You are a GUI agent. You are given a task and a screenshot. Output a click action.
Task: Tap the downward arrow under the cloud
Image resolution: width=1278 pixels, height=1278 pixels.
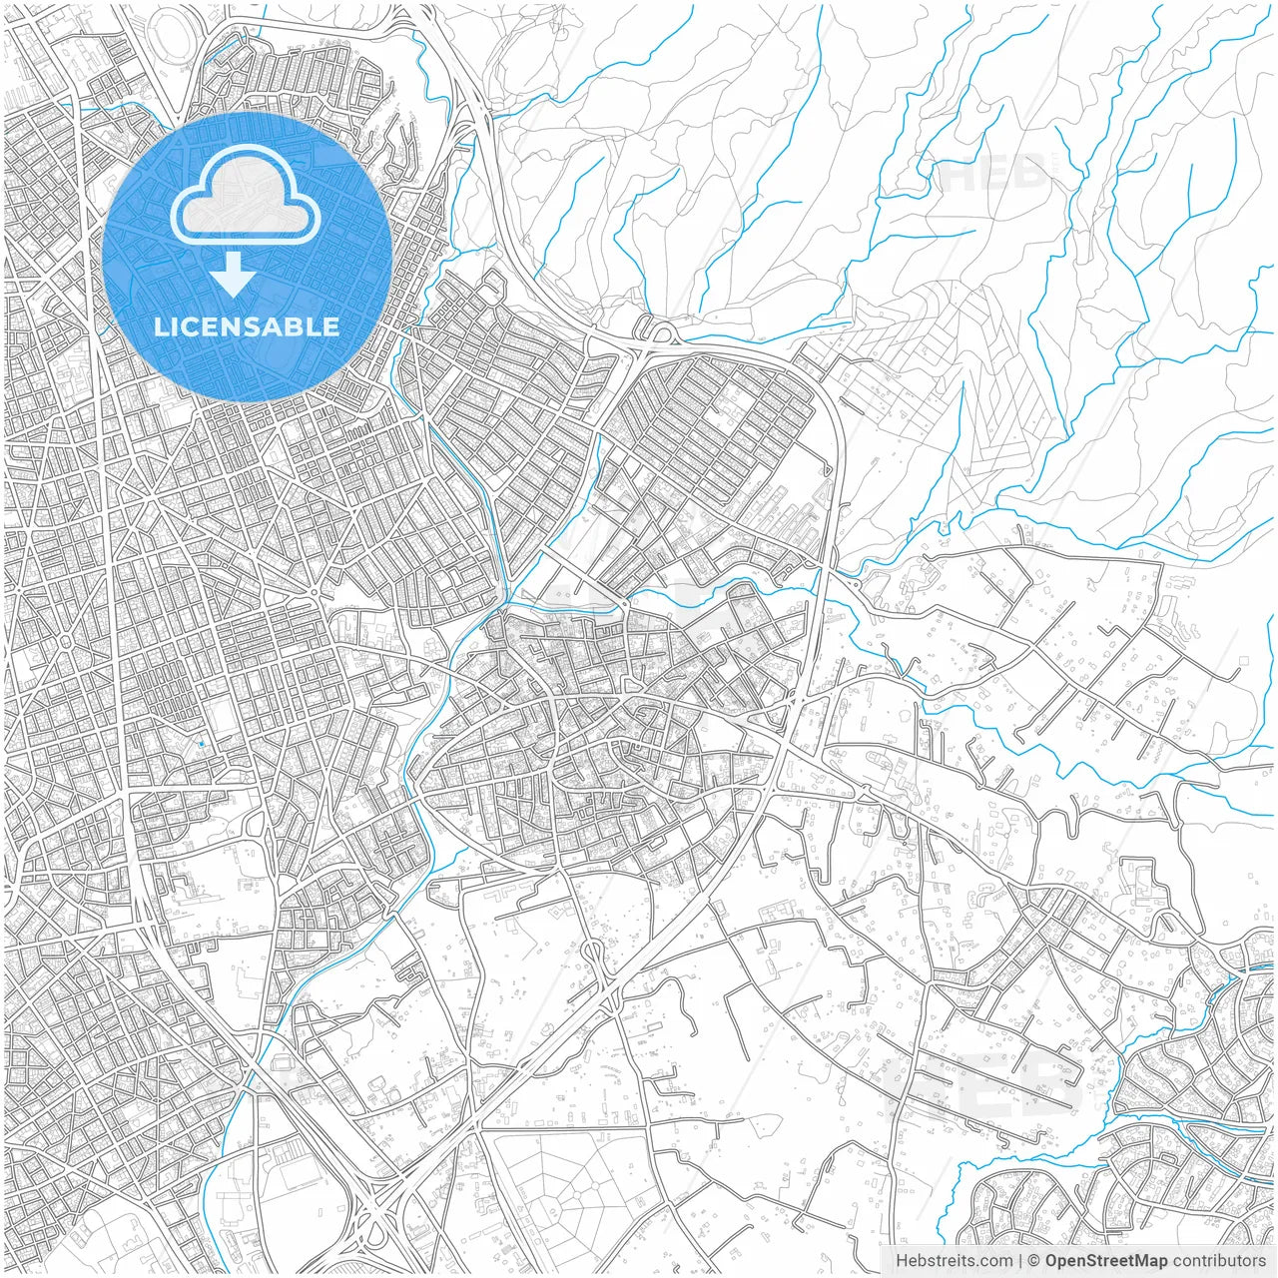pyautogui.click(x=234, y=275)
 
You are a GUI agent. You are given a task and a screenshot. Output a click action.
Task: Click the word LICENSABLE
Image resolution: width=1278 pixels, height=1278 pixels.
pyautogui.click(x=246, y=326)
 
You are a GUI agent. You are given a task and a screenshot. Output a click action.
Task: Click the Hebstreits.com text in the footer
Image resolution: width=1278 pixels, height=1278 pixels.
pyautogui.click(x=954, y=1261)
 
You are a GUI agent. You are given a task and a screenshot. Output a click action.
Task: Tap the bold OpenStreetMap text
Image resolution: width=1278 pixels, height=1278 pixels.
pyautogui.click(x=1106, y=1261)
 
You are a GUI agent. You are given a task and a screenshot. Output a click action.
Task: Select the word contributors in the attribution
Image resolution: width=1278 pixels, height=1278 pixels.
pyautogui.click(x=1219, y=1261)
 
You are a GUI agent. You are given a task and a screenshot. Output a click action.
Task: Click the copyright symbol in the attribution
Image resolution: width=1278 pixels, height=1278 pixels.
pyautogui.click(x=1034, y=1261)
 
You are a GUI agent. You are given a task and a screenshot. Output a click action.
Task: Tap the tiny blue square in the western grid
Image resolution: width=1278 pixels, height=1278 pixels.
pyautogui.click(x=201, y=744)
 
